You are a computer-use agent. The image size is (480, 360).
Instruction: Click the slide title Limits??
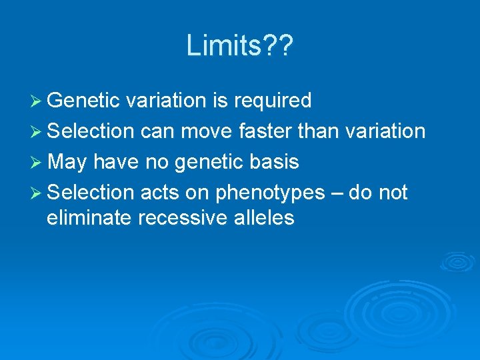pyautogui.click(x=240, y=45)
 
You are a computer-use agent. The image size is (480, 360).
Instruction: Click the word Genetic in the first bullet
pyautogui.click(x=83, y=101)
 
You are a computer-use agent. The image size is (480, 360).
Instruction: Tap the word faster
pyautogui.click(x=265, y=131)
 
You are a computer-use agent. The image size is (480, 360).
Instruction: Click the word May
pyautogui.click(x=67, y=162)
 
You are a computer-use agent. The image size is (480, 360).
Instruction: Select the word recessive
pyautogui.click(x=177, y=218)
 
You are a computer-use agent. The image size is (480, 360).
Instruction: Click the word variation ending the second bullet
pyautogui.click(x=386, y=131)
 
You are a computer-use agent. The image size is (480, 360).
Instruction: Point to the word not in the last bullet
pyautogui.click(x=392, y=193)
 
